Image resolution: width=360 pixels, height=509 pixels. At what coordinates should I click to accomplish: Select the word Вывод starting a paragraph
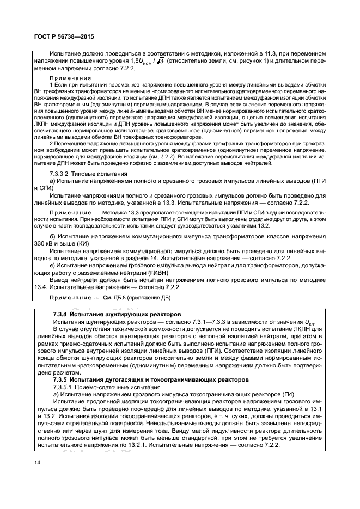coord(60,279)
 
